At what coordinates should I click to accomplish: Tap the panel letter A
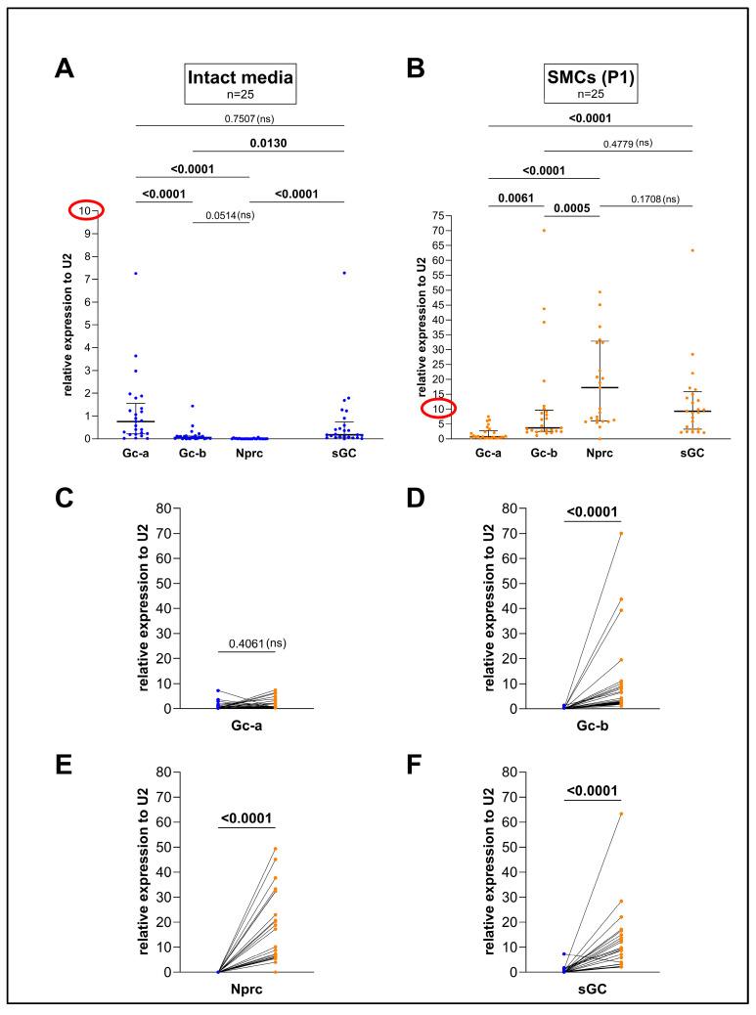[x=64, y=68]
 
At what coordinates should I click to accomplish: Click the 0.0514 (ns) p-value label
[x=229, y=215]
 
